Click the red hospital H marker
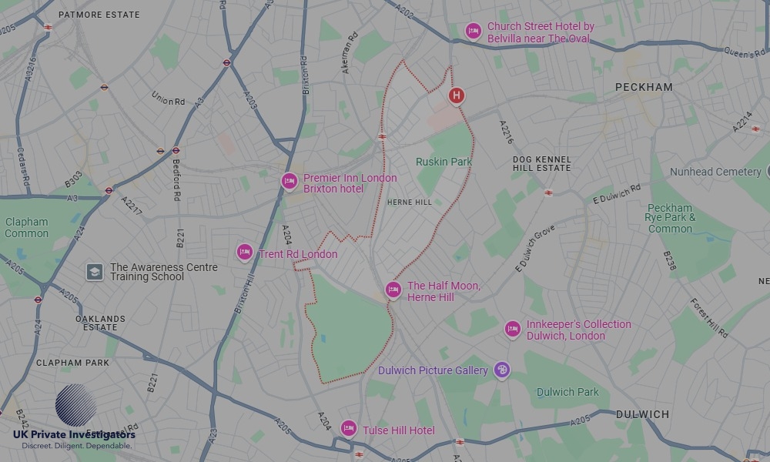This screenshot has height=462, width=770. [x=457, y=95]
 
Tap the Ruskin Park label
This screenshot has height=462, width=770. [x=444, y=162]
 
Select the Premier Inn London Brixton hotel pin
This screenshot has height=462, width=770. [x=289, y=182]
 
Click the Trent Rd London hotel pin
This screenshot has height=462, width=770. [x=245, y=252]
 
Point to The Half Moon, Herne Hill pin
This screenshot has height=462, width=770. [x=393, y=290]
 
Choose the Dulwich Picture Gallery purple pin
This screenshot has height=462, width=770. [x=502, y=370]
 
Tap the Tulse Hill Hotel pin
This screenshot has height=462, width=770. [x=349, y=429]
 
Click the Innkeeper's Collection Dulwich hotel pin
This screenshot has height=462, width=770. [x=513, y=330]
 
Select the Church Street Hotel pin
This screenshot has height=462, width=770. [x=474, y=31]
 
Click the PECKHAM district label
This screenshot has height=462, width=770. [x=644, y=88]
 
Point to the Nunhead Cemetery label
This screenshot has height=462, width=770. [x=715, y=172]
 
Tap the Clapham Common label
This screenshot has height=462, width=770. [x=27, y=228]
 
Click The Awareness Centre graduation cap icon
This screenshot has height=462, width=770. [x=94, y=272]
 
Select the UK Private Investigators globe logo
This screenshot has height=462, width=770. [x=75, y=405]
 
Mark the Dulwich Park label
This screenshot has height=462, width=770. [x=567, y=392]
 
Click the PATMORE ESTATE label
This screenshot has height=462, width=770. [x=99, y=15]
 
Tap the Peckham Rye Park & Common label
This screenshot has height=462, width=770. [x=671, y=218]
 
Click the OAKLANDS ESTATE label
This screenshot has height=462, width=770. [x=100, y=323]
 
